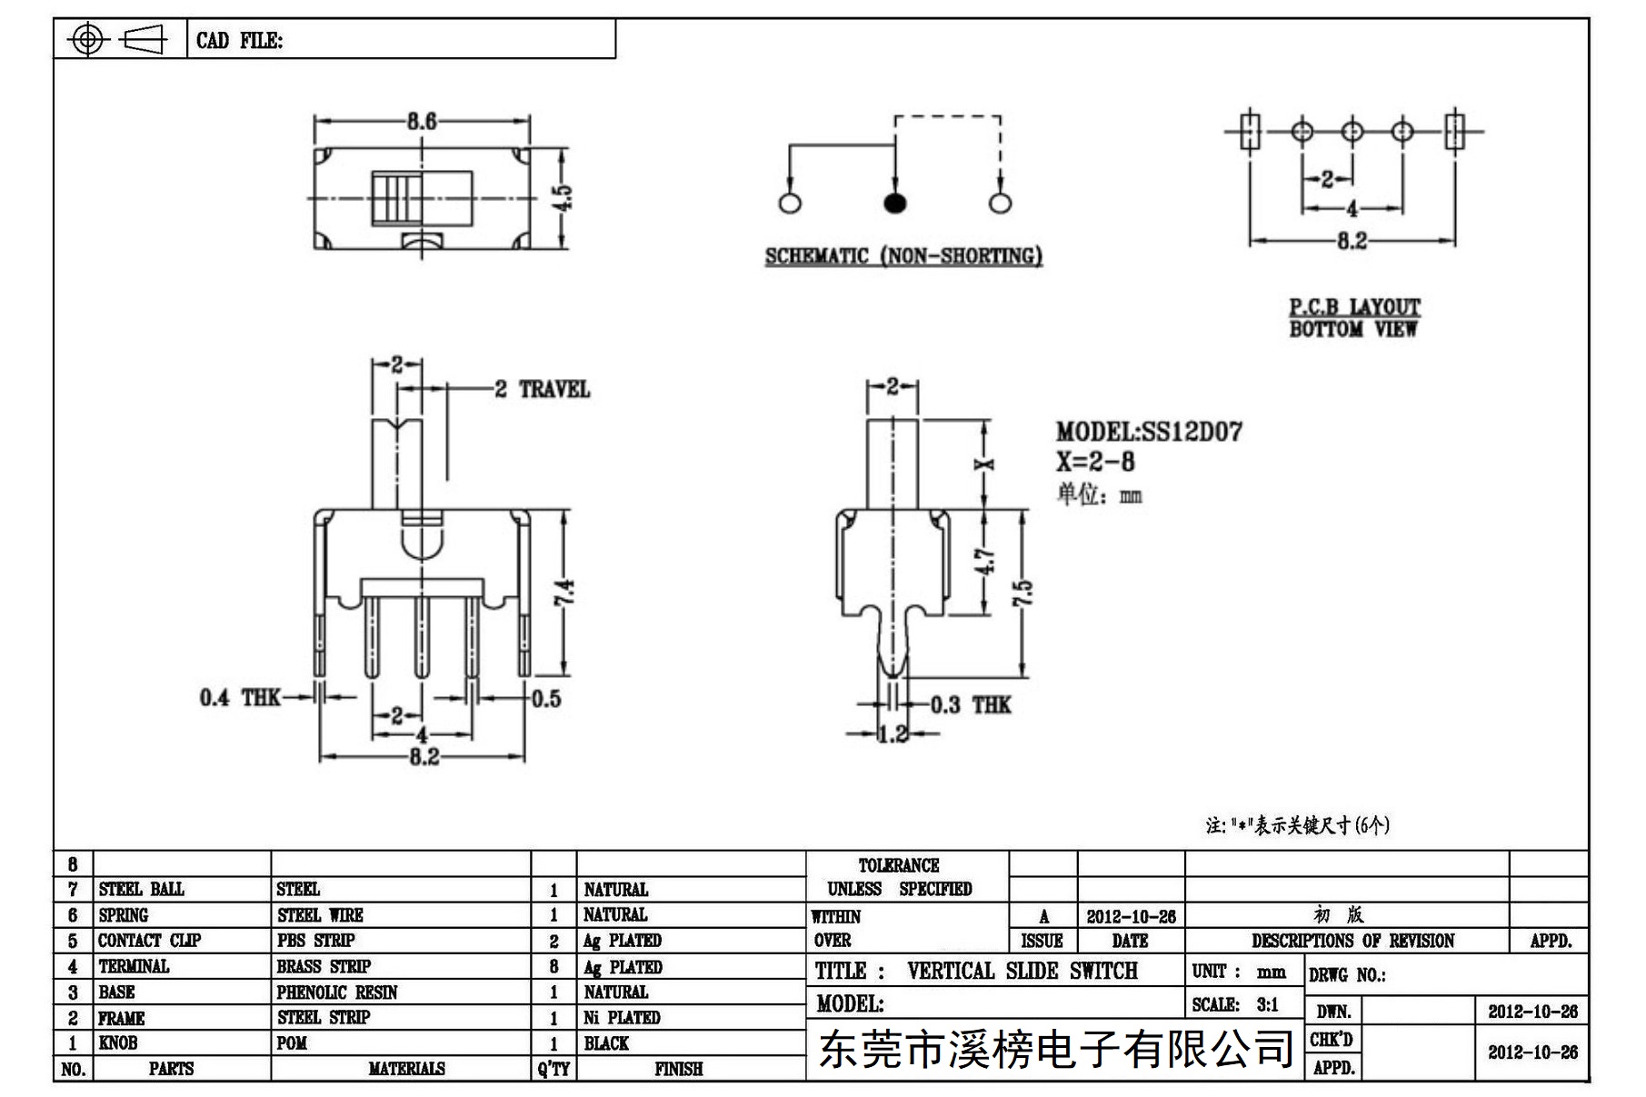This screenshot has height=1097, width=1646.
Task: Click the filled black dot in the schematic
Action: (x=895, y=203)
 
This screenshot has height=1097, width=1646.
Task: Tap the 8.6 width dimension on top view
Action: (x=422, y=121)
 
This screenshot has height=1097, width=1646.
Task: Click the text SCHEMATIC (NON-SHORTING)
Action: (x=903, y=256)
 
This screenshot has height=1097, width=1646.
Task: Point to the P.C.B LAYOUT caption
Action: (x=1354, y=307)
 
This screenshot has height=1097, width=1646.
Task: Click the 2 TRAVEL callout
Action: (x=543, y=390)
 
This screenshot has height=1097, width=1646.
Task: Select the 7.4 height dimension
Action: (x=564, y=593)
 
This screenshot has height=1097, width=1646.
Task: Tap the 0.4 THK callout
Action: (x=240, y=698)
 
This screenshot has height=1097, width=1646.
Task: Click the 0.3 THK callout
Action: (x=971, y=705)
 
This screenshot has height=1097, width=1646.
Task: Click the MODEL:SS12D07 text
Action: (x=1149, y=432)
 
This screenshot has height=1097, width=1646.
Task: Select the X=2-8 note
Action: (x=1095, y=462)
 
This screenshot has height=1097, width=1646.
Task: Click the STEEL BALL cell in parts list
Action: (x=141, y=889)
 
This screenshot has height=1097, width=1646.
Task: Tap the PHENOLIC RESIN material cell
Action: (x=337, y=992)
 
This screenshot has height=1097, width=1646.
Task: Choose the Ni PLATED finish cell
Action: (x=622, y=1018)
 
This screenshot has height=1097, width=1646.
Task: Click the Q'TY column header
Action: (x=554, y=1069)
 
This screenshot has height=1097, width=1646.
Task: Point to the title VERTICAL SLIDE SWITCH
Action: (x=1023, y=971)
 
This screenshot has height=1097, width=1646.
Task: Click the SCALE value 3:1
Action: (x=1267, y=1004)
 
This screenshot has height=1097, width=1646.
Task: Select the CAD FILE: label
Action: (x=240, y=41)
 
